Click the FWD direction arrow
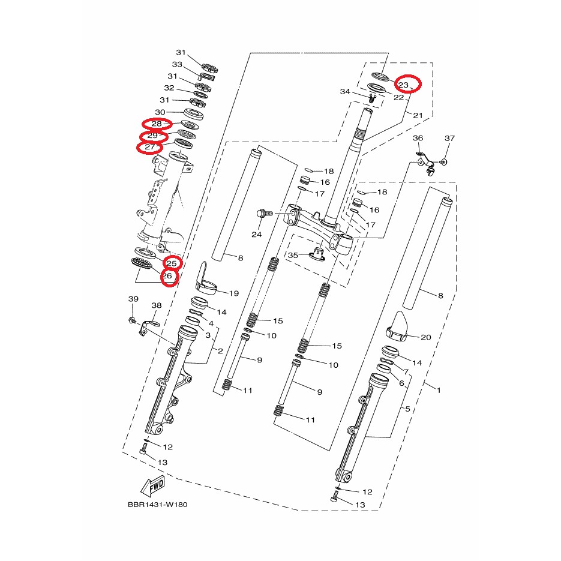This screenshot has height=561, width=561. (x=153, y=487)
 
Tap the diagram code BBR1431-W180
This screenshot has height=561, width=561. (x=157, y=505)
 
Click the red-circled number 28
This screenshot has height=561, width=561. (x=157, y=124)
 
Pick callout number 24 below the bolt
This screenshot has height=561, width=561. (x=257, y=235)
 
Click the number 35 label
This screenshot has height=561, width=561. (x=293, y=255)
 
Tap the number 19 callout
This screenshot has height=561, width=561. (x=233, y=293)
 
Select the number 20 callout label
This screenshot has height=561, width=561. (x=426, y=337)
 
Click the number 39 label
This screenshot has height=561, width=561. (x=133, y=299)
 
